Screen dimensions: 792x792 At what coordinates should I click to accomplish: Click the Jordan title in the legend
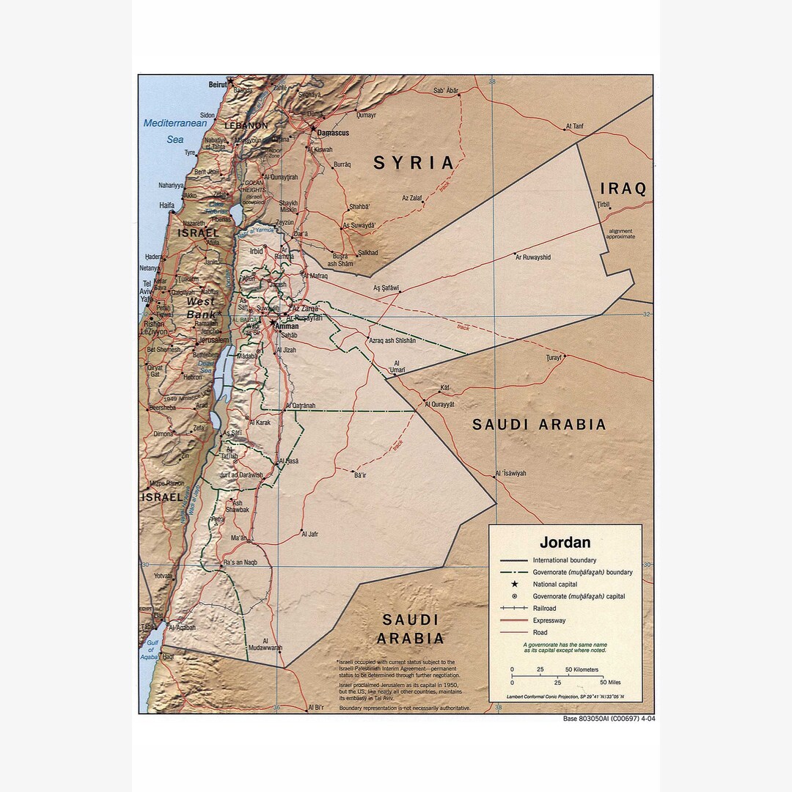[x=565, y=543]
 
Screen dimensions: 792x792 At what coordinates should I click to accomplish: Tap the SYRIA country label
[x=414, y=163]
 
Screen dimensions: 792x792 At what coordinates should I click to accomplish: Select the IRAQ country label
[x=623, y=188]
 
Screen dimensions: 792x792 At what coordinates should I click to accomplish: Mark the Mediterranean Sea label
[x=175, y=131]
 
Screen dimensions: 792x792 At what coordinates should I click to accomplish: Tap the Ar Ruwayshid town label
[x=533, y=257]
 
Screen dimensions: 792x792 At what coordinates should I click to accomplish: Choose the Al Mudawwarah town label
[x=265, y=648]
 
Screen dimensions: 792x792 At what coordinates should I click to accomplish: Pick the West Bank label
[x=201, y=308]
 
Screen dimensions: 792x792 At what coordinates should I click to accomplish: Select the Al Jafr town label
[x=309, y=534]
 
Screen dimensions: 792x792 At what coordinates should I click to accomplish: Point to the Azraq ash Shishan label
[x=392, y=340]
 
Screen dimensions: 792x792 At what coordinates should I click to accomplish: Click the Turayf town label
[x=554, y=357]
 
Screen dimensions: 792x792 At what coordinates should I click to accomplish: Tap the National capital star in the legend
[x=515, y=584]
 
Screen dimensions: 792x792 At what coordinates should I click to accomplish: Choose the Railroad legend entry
[x=544, y=609]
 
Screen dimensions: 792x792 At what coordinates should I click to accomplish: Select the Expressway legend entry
[x=549, y=620]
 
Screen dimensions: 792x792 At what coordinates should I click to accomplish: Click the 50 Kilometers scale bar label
[x=582, y=670]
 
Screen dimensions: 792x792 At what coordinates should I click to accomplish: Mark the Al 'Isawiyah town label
[x=510, y=473]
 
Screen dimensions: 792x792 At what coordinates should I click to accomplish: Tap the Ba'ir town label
[x=359, y=476]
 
